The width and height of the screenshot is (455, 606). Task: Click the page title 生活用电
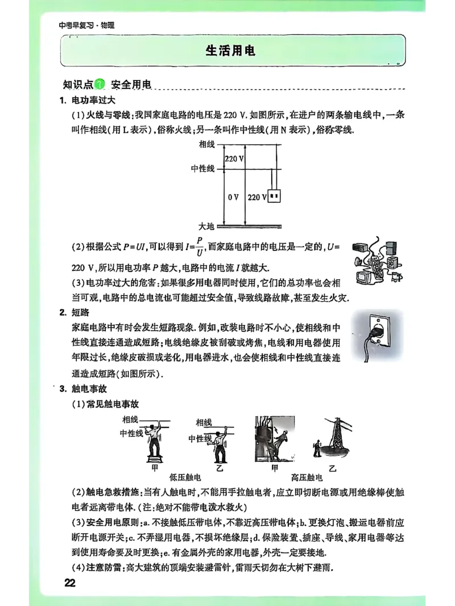pyautogui.click(x=230, y=51)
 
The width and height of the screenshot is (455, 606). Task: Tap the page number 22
pyautogui.click(x=70, y=583)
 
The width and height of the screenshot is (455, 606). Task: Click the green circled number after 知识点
pyautogui.click(x=100, y=85)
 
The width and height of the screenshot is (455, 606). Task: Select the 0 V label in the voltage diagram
pyautogui.click(x=233, y=197)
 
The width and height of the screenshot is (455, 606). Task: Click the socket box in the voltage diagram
pyautogui.click(x=275, y=197)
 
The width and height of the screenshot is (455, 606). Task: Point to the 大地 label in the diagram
pyautogui.click(x=206, y=226)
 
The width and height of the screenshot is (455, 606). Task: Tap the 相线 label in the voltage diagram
pyautogui.click(x=207, y=144)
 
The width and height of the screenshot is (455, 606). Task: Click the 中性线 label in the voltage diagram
pyautogui.click(x=203, y=168)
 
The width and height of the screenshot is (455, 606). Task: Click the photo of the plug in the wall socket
pyautogui.click(x=377, y=337)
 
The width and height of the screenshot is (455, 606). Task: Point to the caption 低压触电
pyautogui.click(x=185, y=478)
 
